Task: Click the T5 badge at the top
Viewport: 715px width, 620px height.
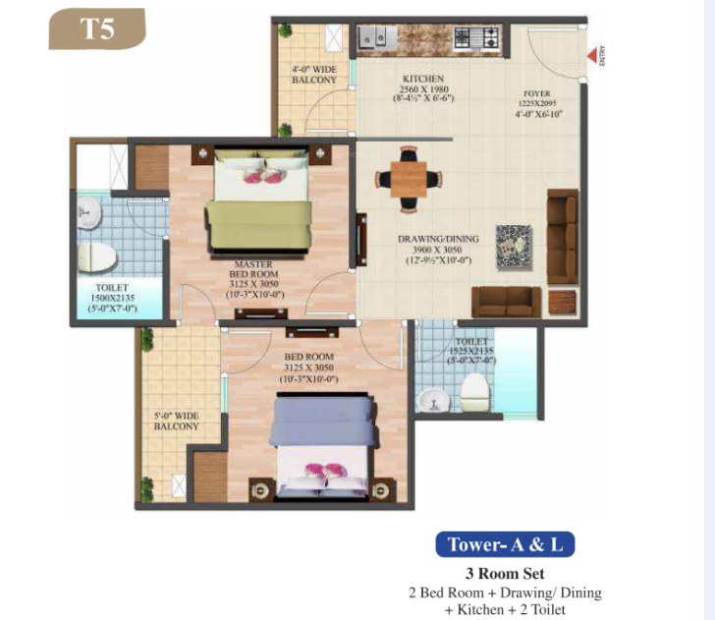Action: pos(97,28)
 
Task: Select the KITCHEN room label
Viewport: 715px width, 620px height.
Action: pos(423,79)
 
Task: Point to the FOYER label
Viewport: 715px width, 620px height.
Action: pos(536,94)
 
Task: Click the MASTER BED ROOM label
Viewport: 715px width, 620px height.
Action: pos(252,270)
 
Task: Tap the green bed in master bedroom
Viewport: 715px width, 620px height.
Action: pos(260,210)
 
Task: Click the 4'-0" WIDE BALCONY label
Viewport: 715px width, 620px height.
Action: pos(313,75)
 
